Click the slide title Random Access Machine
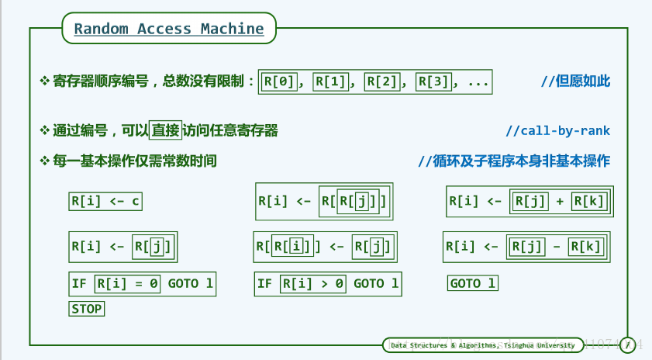pyautogui.click(x=169, y=29)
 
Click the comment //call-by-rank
pyautogui.click(x=557, y=130)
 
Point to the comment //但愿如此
pyautogui.click(x=575, y=81)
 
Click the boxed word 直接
pyautogui.click(x=166, y=130)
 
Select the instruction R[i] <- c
pyautogui.click(x=105, y=202)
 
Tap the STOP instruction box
pyautogui.click(x=87, y=308)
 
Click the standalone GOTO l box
pyautogui.click(x=473, y=284)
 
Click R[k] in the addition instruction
pyautogui.click(x=588, y=202)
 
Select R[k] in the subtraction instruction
pyautogui.click(x=586, y=247)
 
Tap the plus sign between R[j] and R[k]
pyautogui.click(x=560, y=202)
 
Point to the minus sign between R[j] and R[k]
pyautogui.click(x=558, y=247)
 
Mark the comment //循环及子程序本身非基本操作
pyautogui.click(x=514, y=161)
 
